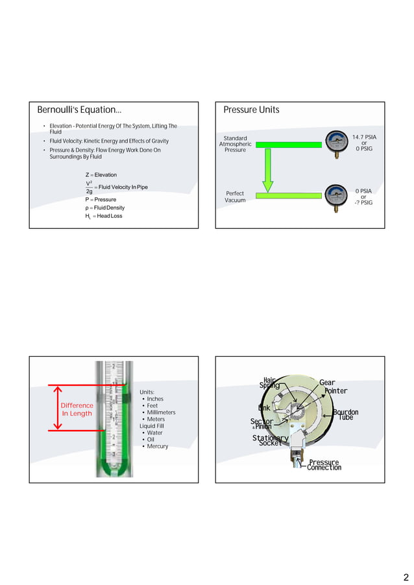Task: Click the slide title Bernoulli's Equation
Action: point(79,110)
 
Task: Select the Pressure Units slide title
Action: point(251,110)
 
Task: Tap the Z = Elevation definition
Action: point(101,175)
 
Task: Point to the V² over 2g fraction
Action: point(89,187)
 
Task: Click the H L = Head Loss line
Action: point(103,215)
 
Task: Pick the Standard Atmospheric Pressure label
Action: point(235,144)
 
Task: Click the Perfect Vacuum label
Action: point(235,197)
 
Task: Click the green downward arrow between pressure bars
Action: point(267,170)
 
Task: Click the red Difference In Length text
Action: point(77,409)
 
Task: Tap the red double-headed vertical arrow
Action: point(58,408)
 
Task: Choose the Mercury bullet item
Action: point(157,446)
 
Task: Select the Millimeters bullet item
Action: point(161,412)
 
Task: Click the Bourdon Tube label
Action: point(345,414)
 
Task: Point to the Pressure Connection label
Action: point(324,465)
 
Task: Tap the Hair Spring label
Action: point(269,383)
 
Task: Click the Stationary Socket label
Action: point(270,440)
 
